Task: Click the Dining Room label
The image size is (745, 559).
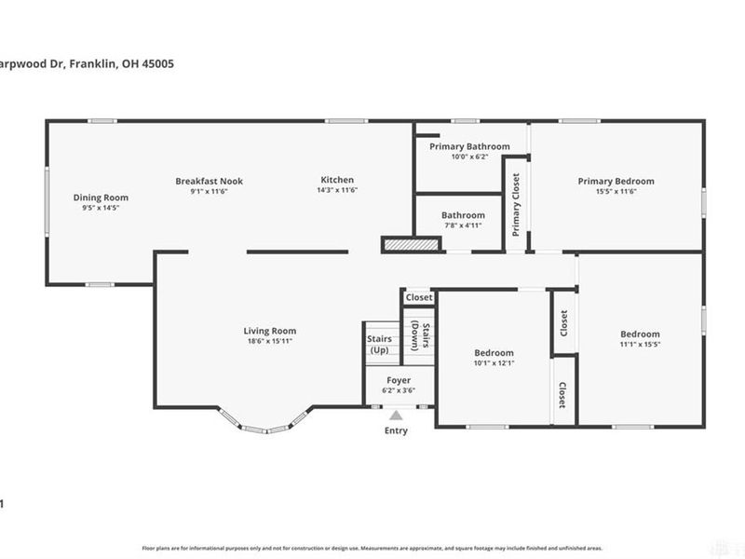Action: [101, 198]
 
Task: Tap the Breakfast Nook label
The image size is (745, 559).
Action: [210, 181]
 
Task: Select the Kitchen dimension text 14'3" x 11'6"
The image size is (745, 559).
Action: [337, 190]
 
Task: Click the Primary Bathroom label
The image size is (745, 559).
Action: [469, 146]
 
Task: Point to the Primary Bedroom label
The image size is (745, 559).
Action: [616, 181]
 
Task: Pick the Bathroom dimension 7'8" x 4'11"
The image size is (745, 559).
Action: [463, 225]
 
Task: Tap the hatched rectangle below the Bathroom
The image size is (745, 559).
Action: [410, 244]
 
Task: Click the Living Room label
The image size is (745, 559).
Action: [270, 331]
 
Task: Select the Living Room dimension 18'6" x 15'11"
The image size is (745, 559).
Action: [270, 341]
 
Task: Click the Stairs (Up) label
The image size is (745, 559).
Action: [379, 345]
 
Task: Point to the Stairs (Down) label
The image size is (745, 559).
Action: [420, 335]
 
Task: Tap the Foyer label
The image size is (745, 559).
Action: [399, 380]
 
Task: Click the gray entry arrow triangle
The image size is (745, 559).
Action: [396, 416]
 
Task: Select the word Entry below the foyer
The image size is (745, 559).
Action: [396, 431]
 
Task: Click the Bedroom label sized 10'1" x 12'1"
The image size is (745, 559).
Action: [494, 353]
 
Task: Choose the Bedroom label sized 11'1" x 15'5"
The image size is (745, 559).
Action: [640, 334]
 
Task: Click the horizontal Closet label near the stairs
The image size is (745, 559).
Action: [419, 298]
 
